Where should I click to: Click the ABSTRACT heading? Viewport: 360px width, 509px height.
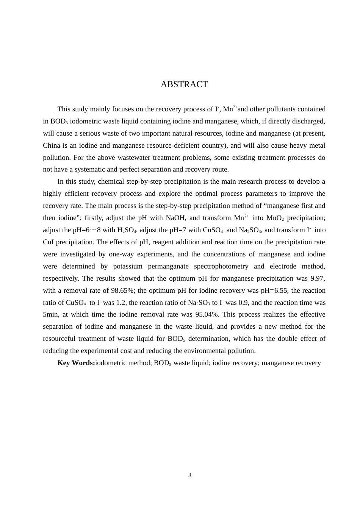pos(184,84)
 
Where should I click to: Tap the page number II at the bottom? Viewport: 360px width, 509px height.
pos(190,475)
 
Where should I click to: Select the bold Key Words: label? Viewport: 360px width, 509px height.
pos(76,363)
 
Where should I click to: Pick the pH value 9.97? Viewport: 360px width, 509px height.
pos(318,278)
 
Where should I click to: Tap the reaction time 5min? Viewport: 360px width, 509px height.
pos(50,314)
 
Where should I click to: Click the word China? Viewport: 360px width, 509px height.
pos(52,145)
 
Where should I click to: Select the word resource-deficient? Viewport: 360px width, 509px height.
pos(175,145)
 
